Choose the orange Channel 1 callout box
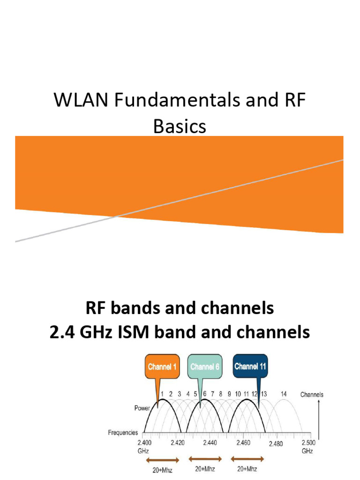162,367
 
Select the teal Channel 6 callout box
204,367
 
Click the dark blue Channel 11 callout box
250,366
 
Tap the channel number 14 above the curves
284,394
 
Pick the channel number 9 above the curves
229,394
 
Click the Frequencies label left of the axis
123,433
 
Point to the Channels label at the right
311,395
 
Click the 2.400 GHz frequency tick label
144,446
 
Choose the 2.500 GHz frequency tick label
307,446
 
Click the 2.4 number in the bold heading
61,332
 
